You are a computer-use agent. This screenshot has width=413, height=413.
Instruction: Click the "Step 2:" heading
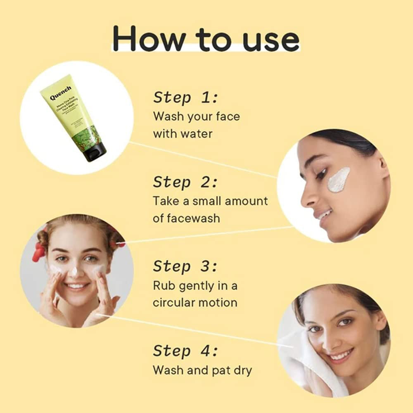(x=185, y=182)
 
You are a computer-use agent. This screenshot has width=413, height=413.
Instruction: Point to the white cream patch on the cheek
(x=339, y=180)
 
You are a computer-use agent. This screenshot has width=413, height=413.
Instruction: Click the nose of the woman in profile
(x=307, y=199)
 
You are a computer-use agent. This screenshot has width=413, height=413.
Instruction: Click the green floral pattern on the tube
(x=84, y=136)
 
